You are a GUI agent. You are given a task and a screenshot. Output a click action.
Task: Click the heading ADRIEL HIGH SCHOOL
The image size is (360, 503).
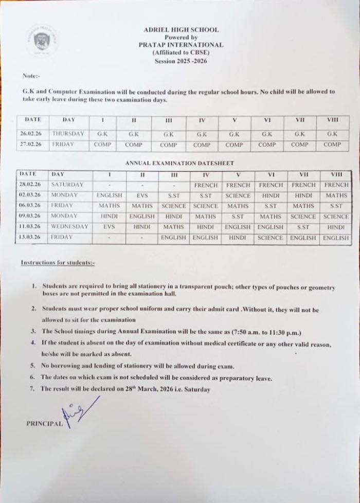click(181, 30)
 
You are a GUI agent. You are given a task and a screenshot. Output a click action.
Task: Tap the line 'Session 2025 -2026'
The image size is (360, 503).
click(181, 61)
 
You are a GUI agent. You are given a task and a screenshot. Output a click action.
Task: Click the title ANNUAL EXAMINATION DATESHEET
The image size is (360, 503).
click(179, 163)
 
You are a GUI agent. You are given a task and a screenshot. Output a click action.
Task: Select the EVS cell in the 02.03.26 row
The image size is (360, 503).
click(142, 195)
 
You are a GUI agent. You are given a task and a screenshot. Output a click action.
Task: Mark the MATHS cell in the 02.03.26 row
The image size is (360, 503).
click(336, 195)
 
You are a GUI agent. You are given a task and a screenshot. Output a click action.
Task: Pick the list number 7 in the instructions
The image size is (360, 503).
click(32, 389)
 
